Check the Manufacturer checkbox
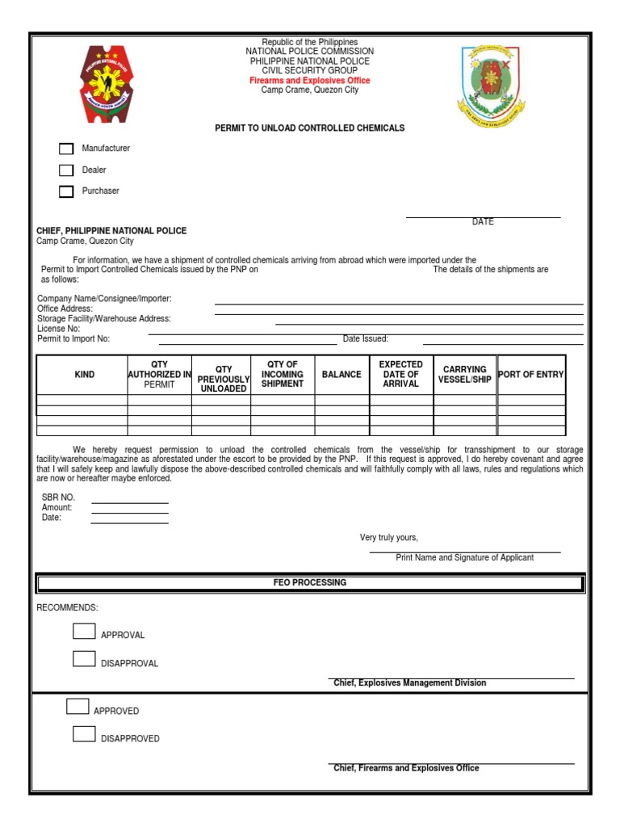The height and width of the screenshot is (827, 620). (x=66, y=149)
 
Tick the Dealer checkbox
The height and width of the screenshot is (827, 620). (x=66, y=170)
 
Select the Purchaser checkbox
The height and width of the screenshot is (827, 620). (x=66, y=191)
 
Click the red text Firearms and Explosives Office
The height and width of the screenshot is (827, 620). (x=309, y=81)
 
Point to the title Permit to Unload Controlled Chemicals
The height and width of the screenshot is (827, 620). (x=309, y=128)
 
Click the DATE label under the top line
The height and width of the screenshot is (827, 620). (x=483, y=222)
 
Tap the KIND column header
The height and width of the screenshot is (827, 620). (x=84, y=375)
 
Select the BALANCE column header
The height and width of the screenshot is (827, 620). (x=341, y=375)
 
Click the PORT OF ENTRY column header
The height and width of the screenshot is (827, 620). (x=531, y=375)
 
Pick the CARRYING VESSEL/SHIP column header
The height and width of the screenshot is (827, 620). (x=464, y=375)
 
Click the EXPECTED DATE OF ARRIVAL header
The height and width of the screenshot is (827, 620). (x=400, y=375)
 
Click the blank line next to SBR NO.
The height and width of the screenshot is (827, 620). (x=129, y=502)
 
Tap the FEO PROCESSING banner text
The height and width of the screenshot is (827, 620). (x=309, y=582)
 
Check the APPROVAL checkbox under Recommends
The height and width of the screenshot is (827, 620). (x=84, y=632)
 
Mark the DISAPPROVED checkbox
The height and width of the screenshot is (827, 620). (x=84, y=734)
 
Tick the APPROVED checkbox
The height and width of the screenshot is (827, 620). (x=77, y=707)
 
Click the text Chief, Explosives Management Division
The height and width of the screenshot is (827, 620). (x=410, y=683)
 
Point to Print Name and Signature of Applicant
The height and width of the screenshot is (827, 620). (x=464, y=558)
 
